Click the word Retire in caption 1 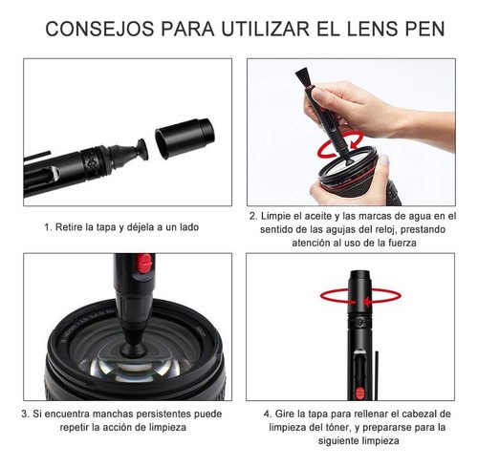[x=72, y=227]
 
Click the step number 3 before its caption [x=25, y=414]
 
